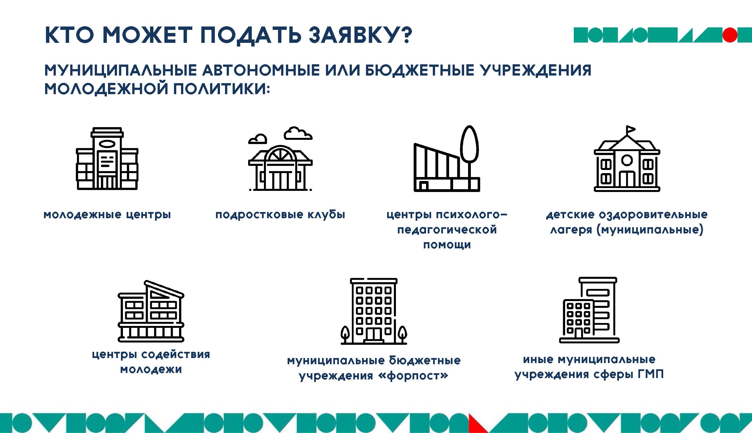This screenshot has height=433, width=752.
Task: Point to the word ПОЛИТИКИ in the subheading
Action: click(x=221, y=89)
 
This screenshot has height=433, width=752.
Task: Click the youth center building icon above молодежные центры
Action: click(x=107, y=158)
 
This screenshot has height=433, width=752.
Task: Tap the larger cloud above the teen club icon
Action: click(x=298, y=134)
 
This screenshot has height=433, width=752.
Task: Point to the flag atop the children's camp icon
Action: click(x=630, y=130)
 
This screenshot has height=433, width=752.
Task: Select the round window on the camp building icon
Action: click(x=627, y=160)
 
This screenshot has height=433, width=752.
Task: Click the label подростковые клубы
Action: click(x=280, y=215)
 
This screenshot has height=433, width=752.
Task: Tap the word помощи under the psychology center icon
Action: click(x=447, y=245)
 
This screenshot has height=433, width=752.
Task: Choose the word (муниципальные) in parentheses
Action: click(x=650, y=229)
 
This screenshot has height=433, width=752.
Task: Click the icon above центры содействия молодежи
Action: click(x=151, y=311)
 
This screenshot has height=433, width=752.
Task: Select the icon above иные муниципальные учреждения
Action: click(x=589, y=310)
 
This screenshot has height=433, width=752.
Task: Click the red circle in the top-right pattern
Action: click(x=730, y=35)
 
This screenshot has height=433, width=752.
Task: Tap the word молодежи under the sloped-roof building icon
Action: click(x=151, y=369)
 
